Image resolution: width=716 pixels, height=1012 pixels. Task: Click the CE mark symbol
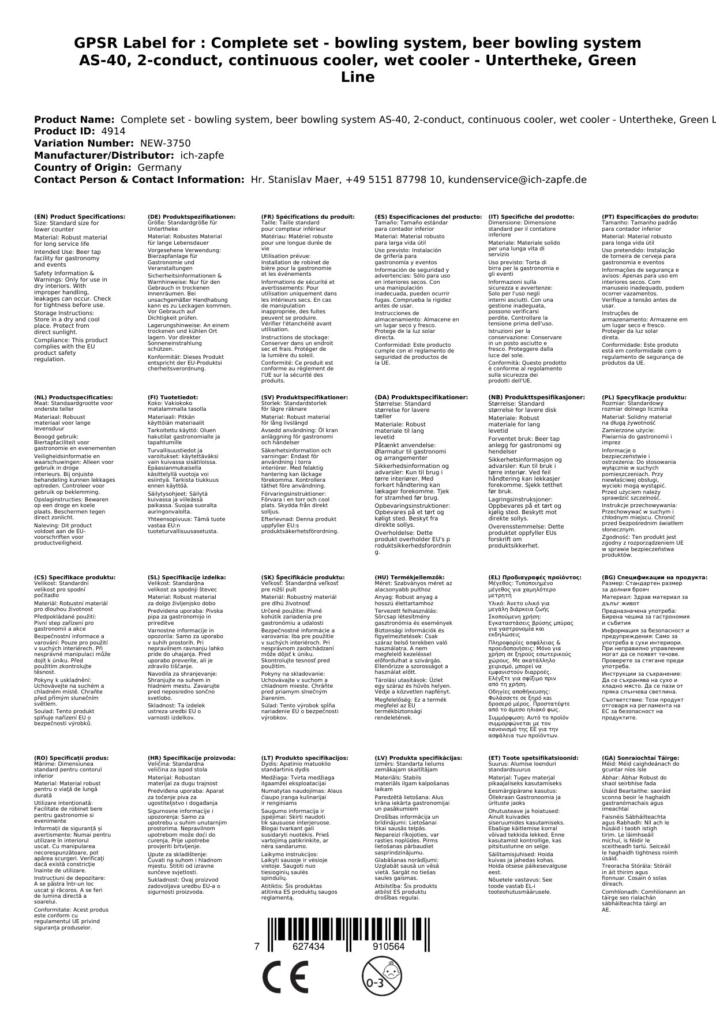click(285, 978)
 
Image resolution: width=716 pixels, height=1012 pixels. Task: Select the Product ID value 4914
click(113, 132)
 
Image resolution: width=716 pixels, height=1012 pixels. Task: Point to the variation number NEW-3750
click(165, 144)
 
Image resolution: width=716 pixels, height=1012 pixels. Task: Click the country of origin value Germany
click(159, 168)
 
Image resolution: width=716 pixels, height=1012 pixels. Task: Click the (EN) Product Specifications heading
click(80, 217)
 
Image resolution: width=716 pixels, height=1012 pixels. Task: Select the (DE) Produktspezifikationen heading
click(192, 217)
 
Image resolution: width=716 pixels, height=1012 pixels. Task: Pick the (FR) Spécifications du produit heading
click(308, 217)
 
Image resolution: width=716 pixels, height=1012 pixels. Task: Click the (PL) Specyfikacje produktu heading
click(644, 398)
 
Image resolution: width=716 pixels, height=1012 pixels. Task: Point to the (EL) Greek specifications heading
click(535, 578)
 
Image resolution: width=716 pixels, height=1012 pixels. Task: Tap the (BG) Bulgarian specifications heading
click(654, 578)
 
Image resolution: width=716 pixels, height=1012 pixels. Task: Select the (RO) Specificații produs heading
click(71, 758)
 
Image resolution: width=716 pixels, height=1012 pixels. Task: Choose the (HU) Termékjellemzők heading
click(410, 578)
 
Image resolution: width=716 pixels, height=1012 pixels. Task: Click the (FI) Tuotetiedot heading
click(173, 398)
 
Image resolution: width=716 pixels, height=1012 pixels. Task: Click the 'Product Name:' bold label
click(74, 119)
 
